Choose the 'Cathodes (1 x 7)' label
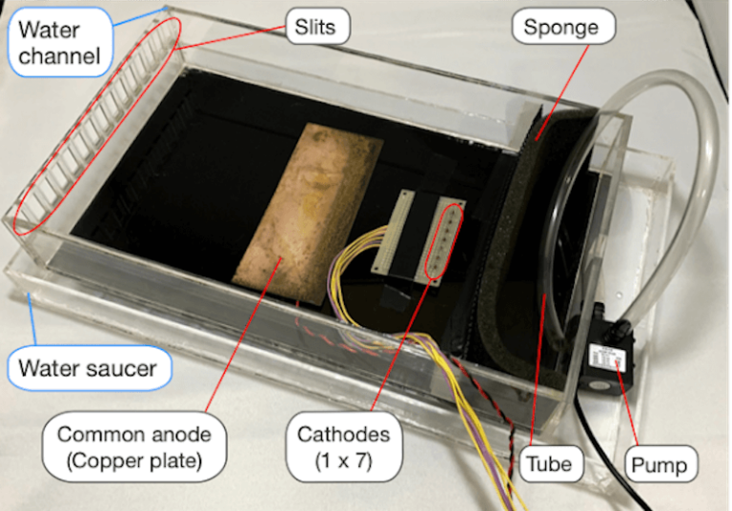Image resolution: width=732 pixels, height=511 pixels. coord(344,449)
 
